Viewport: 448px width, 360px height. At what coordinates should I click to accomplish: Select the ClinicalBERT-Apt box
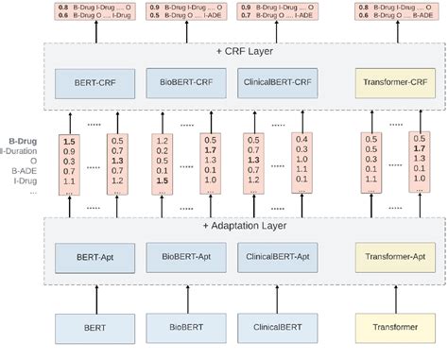(x=277, y=256)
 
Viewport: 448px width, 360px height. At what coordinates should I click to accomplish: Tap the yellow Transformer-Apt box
(x=396, y=256)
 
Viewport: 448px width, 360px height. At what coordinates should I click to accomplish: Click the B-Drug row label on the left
(x=23, y=139)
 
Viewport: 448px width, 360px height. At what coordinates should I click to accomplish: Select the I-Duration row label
(x=23, y=149)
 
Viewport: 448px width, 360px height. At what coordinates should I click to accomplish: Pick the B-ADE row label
(x=23, y=170)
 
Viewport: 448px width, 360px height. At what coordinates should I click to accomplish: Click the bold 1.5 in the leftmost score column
(x=69, y=140)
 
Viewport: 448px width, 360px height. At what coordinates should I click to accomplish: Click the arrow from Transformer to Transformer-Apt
(x=396, y=295)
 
